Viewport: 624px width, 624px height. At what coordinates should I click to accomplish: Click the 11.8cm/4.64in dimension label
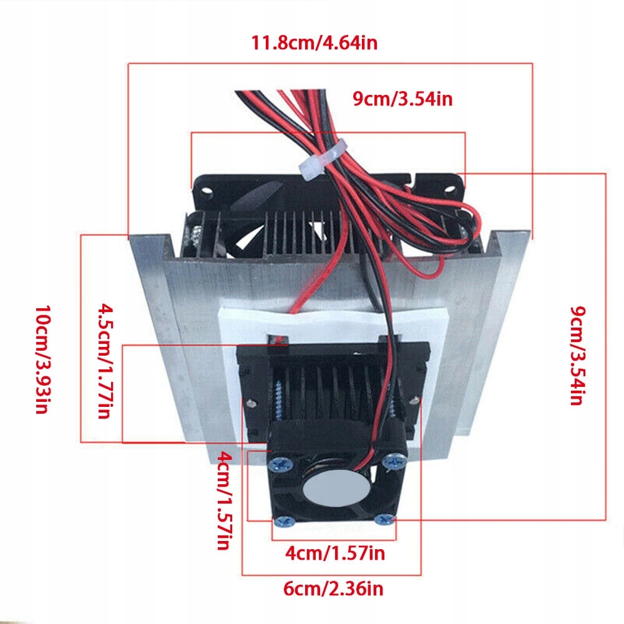(x=314, y=44)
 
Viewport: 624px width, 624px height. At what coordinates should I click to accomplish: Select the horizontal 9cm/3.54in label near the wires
(x=402, y=99)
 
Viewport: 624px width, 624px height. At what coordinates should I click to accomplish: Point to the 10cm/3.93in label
(x=41, y=360)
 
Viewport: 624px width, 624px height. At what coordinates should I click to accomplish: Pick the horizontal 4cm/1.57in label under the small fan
(x=334, y=552)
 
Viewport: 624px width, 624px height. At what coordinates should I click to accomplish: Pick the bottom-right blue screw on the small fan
(x=385, y=518)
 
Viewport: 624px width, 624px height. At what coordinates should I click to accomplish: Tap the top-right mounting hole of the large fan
(x=449, y=185)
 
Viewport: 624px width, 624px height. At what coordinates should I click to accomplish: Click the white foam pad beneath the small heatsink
(x=228, y=374)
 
